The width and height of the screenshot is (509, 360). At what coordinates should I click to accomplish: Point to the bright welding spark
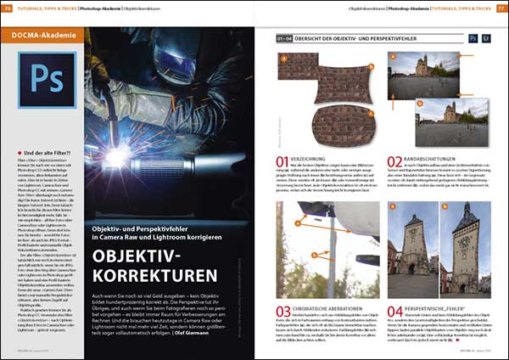pos(150,99)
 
